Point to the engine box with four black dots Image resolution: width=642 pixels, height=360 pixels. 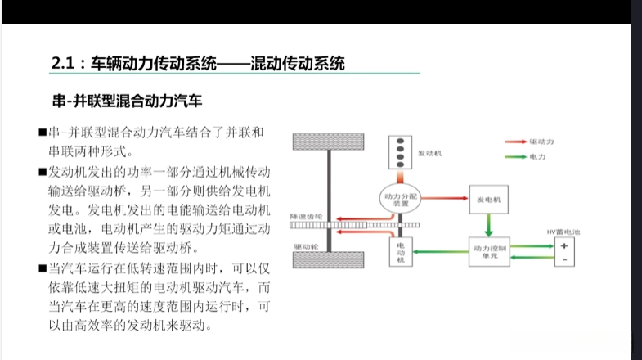pyautogui.click(x=401, y=151)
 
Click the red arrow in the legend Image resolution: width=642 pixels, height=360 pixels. pyautogui.click(x=516, y=142)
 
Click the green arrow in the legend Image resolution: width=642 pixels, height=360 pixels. pyautogui.click(x=516, y=155)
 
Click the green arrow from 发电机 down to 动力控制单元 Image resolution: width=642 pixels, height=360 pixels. pyautogui.click(x=490, y=223)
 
